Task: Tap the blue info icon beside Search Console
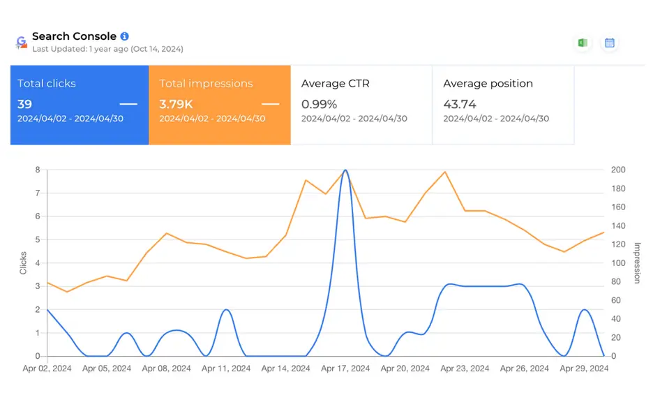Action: pos(124,36)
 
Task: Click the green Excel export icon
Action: pos(582,43)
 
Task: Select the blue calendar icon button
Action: pos(609,43)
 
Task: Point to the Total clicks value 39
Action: pos(25,104)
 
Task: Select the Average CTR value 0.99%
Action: pos(319,104)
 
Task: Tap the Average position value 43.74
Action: pos(460,104)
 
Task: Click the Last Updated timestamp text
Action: pos(107,50)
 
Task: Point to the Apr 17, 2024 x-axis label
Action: pos(345,369)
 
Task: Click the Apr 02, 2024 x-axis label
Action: pos(47,369)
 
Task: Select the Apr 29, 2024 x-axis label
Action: pos(584,369)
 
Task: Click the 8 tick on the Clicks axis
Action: pos(37,170)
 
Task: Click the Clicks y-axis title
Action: pos(23,262)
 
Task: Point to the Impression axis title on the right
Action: pos(636,262)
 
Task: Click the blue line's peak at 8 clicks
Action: pos(346,170)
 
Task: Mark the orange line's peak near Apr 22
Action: pos(444,172)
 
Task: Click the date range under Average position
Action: pos(495,119)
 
